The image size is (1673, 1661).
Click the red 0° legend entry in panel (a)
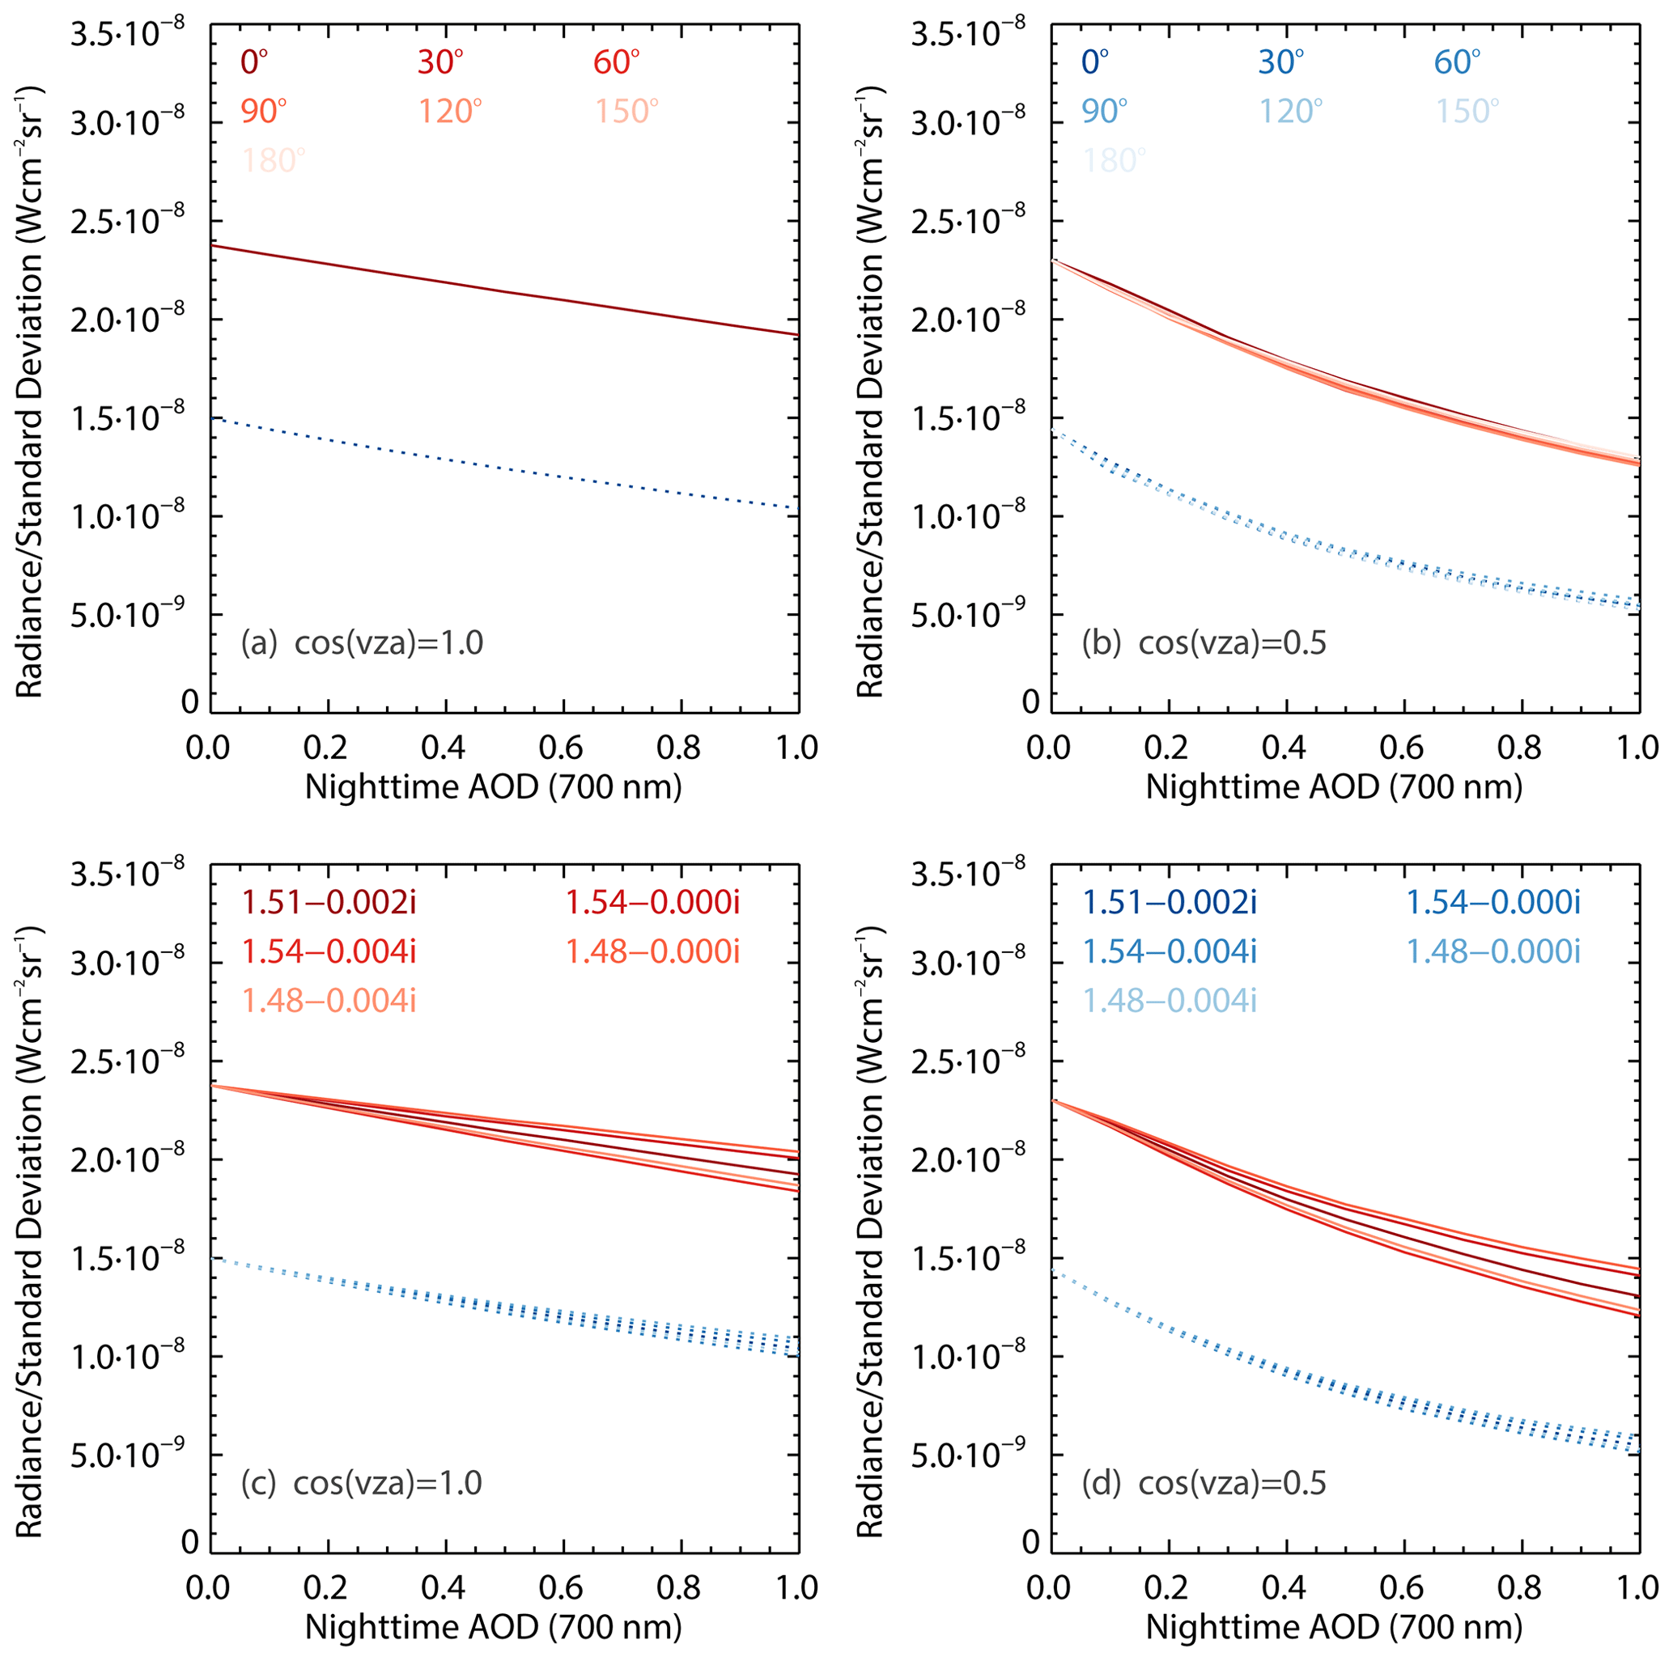(x=255, y=62)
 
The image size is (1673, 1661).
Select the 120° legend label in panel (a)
(x=450, y=112)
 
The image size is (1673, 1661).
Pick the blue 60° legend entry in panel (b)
(x=1458, y=62)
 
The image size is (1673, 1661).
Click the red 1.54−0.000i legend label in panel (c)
(x=653, y=903)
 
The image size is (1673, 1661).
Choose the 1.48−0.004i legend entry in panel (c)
(x=329, y=1001)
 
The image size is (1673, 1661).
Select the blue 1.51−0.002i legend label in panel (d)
(x=1170, y=903)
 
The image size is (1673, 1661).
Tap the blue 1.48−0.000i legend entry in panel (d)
(x=1493, y=952)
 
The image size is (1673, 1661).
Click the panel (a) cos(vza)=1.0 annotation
(x=362, y=643)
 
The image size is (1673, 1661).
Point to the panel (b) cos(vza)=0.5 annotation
(x=1204, y=643)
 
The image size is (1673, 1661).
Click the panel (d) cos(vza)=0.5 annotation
(x=1204, y=1483)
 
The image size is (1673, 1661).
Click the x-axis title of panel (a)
(x=494, y=786)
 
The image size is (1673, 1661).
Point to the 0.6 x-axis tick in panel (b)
(x=1403, y=747)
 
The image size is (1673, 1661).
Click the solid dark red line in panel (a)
(x=503, y=290)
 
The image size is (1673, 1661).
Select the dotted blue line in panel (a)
(x=503, y=464)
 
